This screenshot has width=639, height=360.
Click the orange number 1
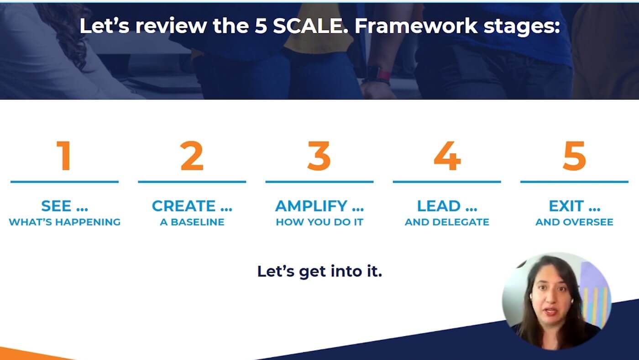pos(64,156)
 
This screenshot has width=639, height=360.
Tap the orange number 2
pos(192,156)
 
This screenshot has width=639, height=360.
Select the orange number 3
pos(319,156)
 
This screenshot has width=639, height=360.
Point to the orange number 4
pos(447,156)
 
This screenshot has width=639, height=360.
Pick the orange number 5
pos(574,156)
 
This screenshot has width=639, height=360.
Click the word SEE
pos(56,206)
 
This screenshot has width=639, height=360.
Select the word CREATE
pos(183,206)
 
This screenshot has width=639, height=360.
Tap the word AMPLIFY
pos(311,206)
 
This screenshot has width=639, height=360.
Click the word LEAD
pos(439,206)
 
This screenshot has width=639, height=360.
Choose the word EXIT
pos(566,206)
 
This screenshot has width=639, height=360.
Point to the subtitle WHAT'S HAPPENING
pos(64,222)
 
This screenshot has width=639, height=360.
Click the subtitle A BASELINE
pos(192,222)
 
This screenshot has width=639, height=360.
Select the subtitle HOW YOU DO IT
pos(319,222)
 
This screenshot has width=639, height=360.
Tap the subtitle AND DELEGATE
pos(447,222)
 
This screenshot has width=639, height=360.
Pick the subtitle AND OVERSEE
pos(574,222)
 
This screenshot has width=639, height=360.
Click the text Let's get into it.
pos(319,271)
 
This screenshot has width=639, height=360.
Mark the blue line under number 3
pos(319,182)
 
